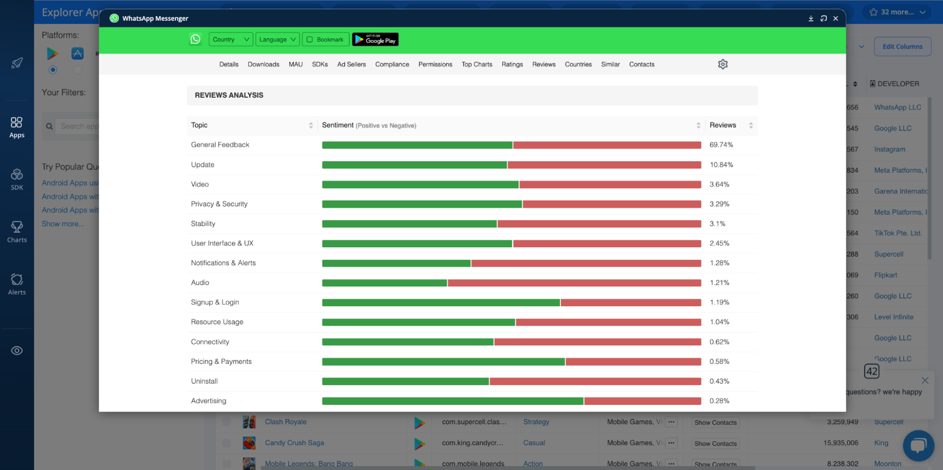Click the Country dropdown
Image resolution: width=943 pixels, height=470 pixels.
click(230, 40)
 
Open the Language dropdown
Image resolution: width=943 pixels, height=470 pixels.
click(277, 40)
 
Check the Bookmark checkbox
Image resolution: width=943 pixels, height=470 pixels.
click(310, 40)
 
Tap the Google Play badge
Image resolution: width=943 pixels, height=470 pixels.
click(375, 40)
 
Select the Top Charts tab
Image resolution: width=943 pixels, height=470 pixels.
click(476, 64)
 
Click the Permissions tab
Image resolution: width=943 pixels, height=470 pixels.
click(435, 64)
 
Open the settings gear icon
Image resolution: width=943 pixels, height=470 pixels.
click(722, 64)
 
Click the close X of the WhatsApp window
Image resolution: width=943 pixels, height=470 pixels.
click(835, 18)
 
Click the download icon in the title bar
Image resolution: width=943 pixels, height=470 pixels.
click(810, 18)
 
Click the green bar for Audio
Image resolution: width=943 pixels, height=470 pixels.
click(384, 283)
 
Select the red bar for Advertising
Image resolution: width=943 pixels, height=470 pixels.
click(643, 401)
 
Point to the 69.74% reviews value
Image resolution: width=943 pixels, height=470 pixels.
click(721, 145)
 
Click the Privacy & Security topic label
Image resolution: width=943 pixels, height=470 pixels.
click(219, 204)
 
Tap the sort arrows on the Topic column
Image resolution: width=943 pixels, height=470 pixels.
click(310, 125)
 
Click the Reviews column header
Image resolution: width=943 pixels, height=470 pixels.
click(723, 125)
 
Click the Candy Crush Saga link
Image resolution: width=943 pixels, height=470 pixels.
click(294, 443)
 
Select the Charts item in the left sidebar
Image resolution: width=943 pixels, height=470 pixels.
click(17, 232)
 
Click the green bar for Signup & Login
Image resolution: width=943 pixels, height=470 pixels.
click(441, 302)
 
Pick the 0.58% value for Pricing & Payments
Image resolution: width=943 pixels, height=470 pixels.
click(719, 361)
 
